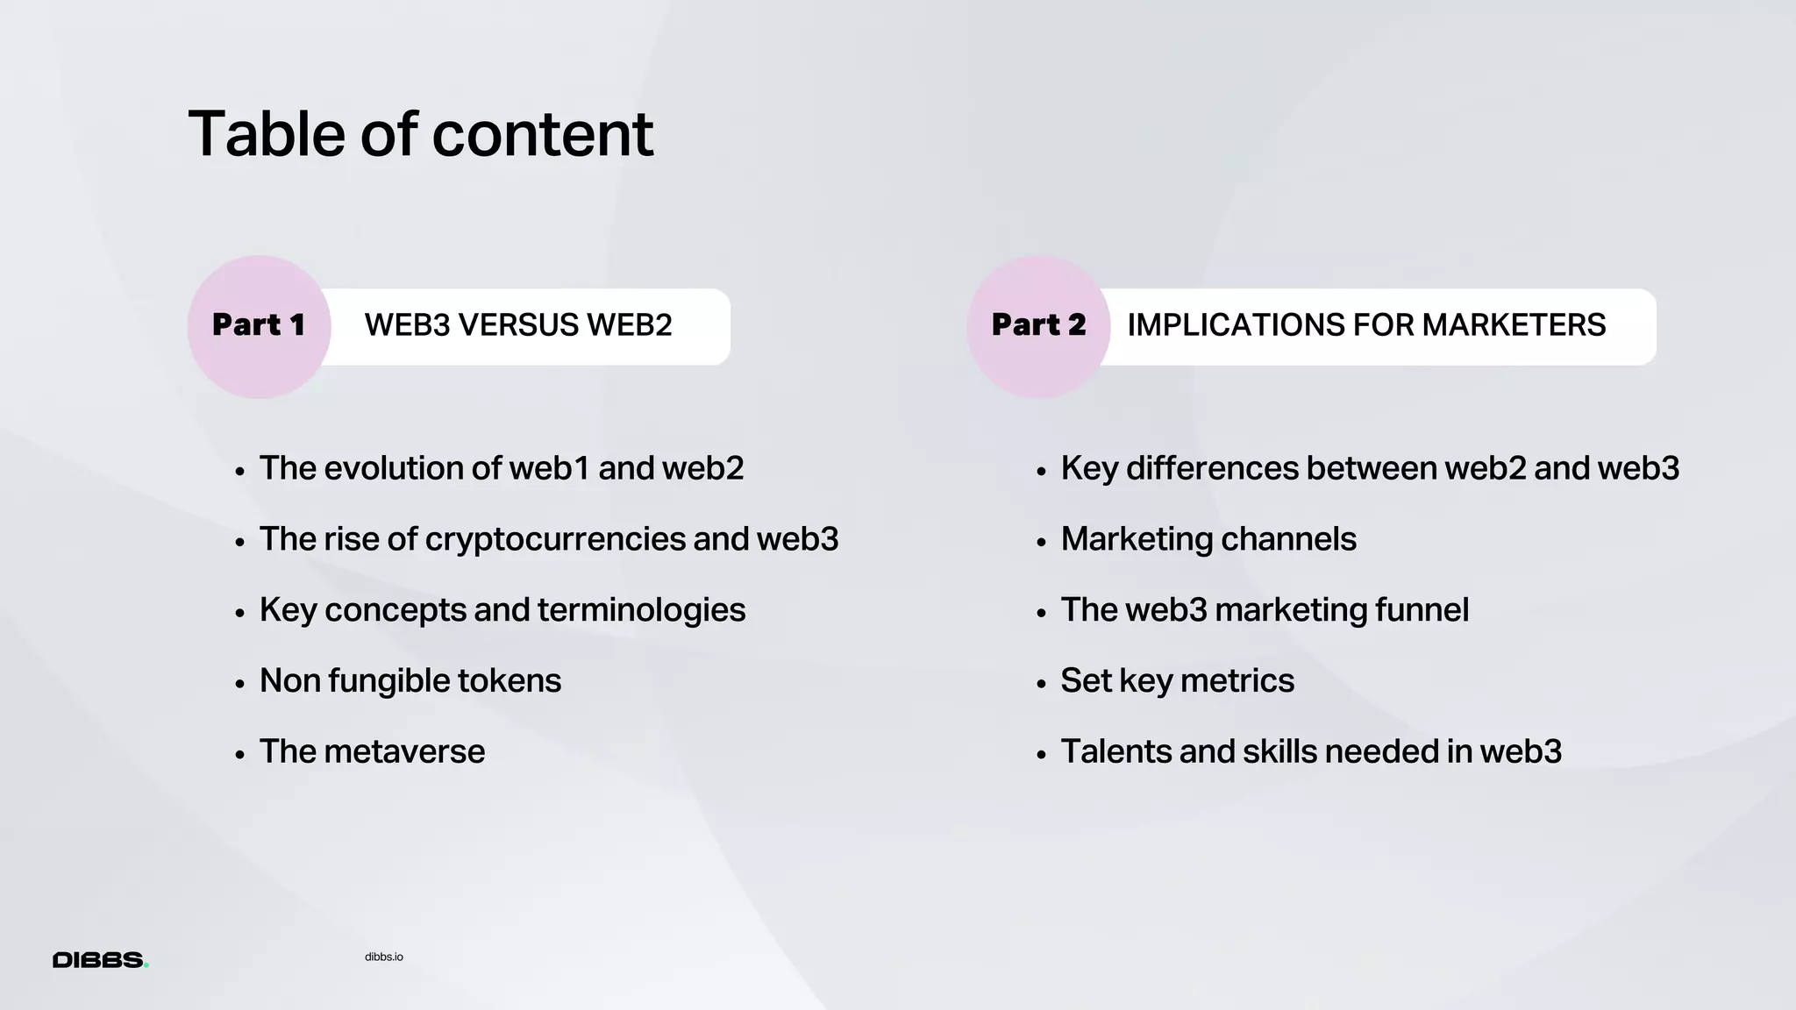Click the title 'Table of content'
point(420,134)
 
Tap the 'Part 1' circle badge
point(259,326)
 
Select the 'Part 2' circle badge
point(1038,326)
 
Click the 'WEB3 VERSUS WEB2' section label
point(518,325)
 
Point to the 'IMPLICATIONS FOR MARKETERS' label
point(1366,325)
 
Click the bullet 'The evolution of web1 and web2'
point(502,468)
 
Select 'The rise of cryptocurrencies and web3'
point(549,539)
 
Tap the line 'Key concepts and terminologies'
point(502,610)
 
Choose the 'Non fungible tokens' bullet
point(410,681)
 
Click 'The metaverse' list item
point(372,752)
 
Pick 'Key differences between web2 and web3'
point(1370,468)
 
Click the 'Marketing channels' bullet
point(1208,539)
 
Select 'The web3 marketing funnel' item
point(1265,610)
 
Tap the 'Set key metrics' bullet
point(1177,681)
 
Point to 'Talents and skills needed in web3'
point(1311,752)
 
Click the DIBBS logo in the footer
point(100,960)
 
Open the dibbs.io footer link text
point(384,957)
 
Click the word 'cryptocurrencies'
point(554,539)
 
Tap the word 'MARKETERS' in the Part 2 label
point(1514,325)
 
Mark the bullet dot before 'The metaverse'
point(239,755)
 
